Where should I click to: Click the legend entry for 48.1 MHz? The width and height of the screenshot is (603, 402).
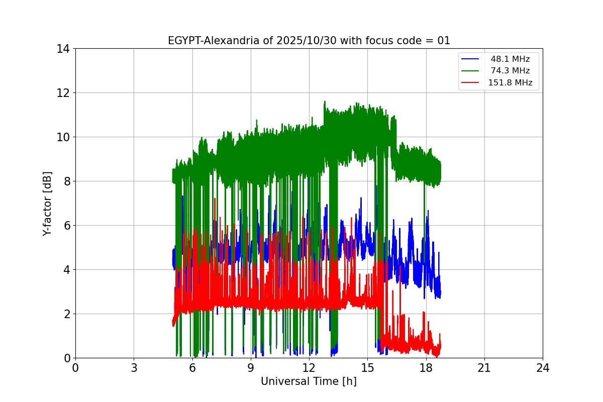510,59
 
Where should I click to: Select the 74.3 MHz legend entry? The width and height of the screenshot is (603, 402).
510,71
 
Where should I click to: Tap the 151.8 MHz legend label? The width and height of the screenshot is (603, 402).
510,83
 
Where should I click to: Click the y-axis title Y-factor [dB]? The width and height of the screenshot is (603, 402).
47,203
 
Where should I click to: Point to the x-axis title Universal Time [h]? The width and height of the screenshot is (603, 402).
309,381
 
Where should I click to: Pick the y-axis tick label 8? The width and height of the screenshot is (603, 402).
66,181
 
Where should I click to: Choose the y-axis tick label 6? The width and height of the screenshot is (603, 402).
66,226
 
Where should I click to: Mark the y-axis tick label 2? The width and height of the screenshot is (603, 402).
66,314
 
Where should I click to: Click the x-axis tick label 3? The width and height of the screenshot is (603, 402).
134,368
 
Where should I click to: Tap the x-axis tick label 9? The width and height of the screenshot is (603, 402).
251,368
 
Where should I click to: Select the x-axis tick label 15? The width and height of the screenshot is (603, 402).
367,368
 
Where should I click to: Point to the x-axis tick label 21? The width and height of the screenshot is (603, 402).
484,368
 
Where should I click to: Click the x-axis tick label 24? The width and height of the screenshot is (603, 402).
543,368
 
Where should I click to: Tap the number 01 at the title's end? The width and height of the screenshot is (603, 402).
444,41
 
